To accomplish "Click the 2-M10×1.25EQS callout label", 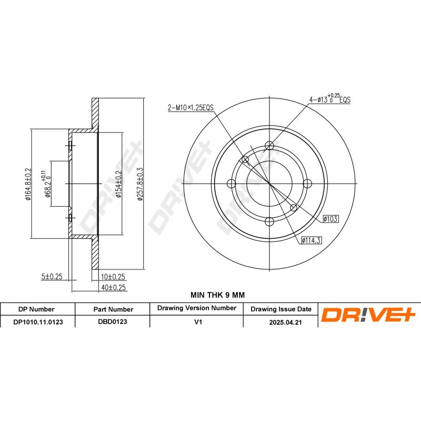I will click(x=190, y=107).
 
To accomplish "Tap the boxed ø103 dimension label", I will click(x=329, y=217).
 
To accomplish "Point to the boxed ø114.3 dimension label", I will click(x=311, y=240).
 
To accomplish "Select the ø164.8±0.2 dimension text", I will click(x=28, y=184).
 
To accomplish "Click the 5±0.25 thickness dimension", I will click(x=53, y=276).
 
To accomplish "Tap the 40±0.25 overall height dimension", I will click(x=113, y=287).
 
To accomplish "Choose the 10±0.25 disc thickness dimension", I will click(x=113, y=276).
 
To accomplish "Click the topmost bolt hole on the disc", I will click(x=269, y=146).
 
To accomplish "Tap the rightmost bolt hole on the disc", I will click(x=307, y=183).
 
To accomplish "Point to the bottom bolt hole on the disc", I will click(x=269, y=221).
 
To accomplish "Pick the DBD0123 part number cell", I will click(x=113, y=320).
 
